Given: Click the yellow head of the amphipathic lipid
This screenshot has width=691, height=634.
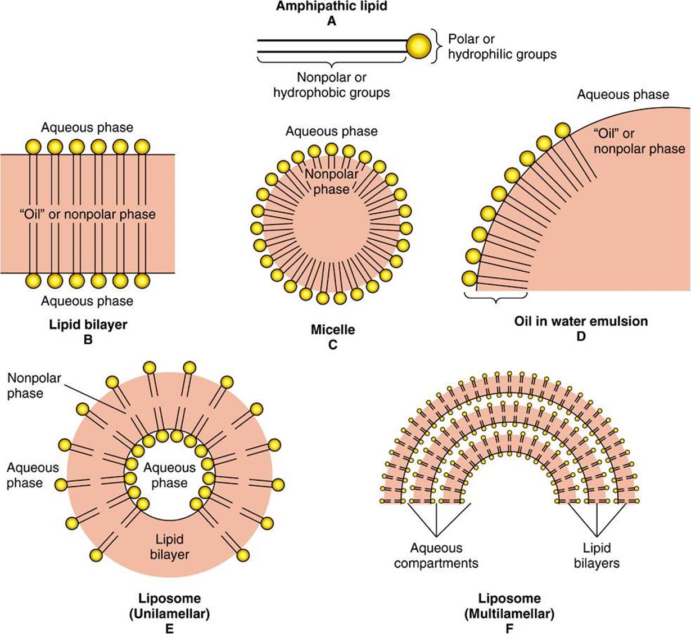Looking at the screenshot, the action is click(418, 46).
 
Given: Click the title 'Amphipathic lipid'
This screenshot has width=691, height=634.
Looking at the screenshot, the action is click(331, 6).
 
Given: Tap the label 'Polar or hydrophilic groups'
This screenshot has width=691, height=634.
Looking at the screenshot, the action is click(502, 47).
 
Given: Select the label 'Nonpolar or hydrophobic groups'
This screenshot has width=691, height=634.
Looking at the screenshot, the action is click(331, 85).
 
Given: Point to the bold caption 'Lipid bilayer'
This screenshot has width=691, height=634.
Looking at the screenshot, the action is click(88, 325).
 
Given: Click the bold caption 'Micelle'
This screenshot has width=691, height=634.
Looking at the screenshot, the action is click(333, 330).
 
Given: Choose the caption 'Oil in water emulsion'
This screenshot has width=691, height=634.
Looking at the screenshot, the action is click(581, 321).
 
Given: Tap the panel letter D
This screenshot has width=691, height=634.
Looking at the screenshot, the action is click(581, 336).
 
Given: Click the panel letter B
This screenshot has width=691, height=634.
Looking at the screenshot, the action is click(88, 340).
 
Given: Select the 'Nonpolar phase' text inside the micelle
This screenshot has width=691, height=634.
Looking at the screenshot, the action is click(331, 181).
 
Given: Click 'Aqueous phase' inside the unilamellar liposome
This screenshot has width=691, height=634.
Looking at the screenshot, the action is click(169, 475).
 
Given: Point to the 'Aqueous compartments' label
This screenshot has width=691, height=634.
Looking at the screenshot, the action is click(436, 555).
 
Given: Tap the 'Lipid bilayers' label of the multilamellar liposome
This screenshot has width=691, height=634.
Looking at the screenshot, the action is click(597, 555).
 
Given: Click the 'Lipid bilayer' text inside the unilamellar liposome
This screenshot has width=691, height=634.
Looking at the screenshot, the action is click(169, 547).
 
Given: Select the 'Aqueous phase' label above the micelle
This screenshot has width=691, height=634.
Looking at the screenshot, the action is click(331, 131).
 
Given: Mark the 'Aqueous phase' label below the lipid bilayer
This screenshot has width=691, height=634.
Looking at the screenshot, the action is click(87, 301).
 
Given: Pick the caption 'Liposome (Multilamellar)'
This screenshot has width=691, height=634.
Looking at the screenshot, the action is click(509, 606).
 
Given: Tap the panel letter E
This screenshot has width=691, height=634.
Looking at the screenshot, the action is click(169, 628).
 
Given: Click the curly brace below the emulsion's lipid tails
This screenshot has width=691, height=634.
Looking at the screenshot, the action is click(496, 298).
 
